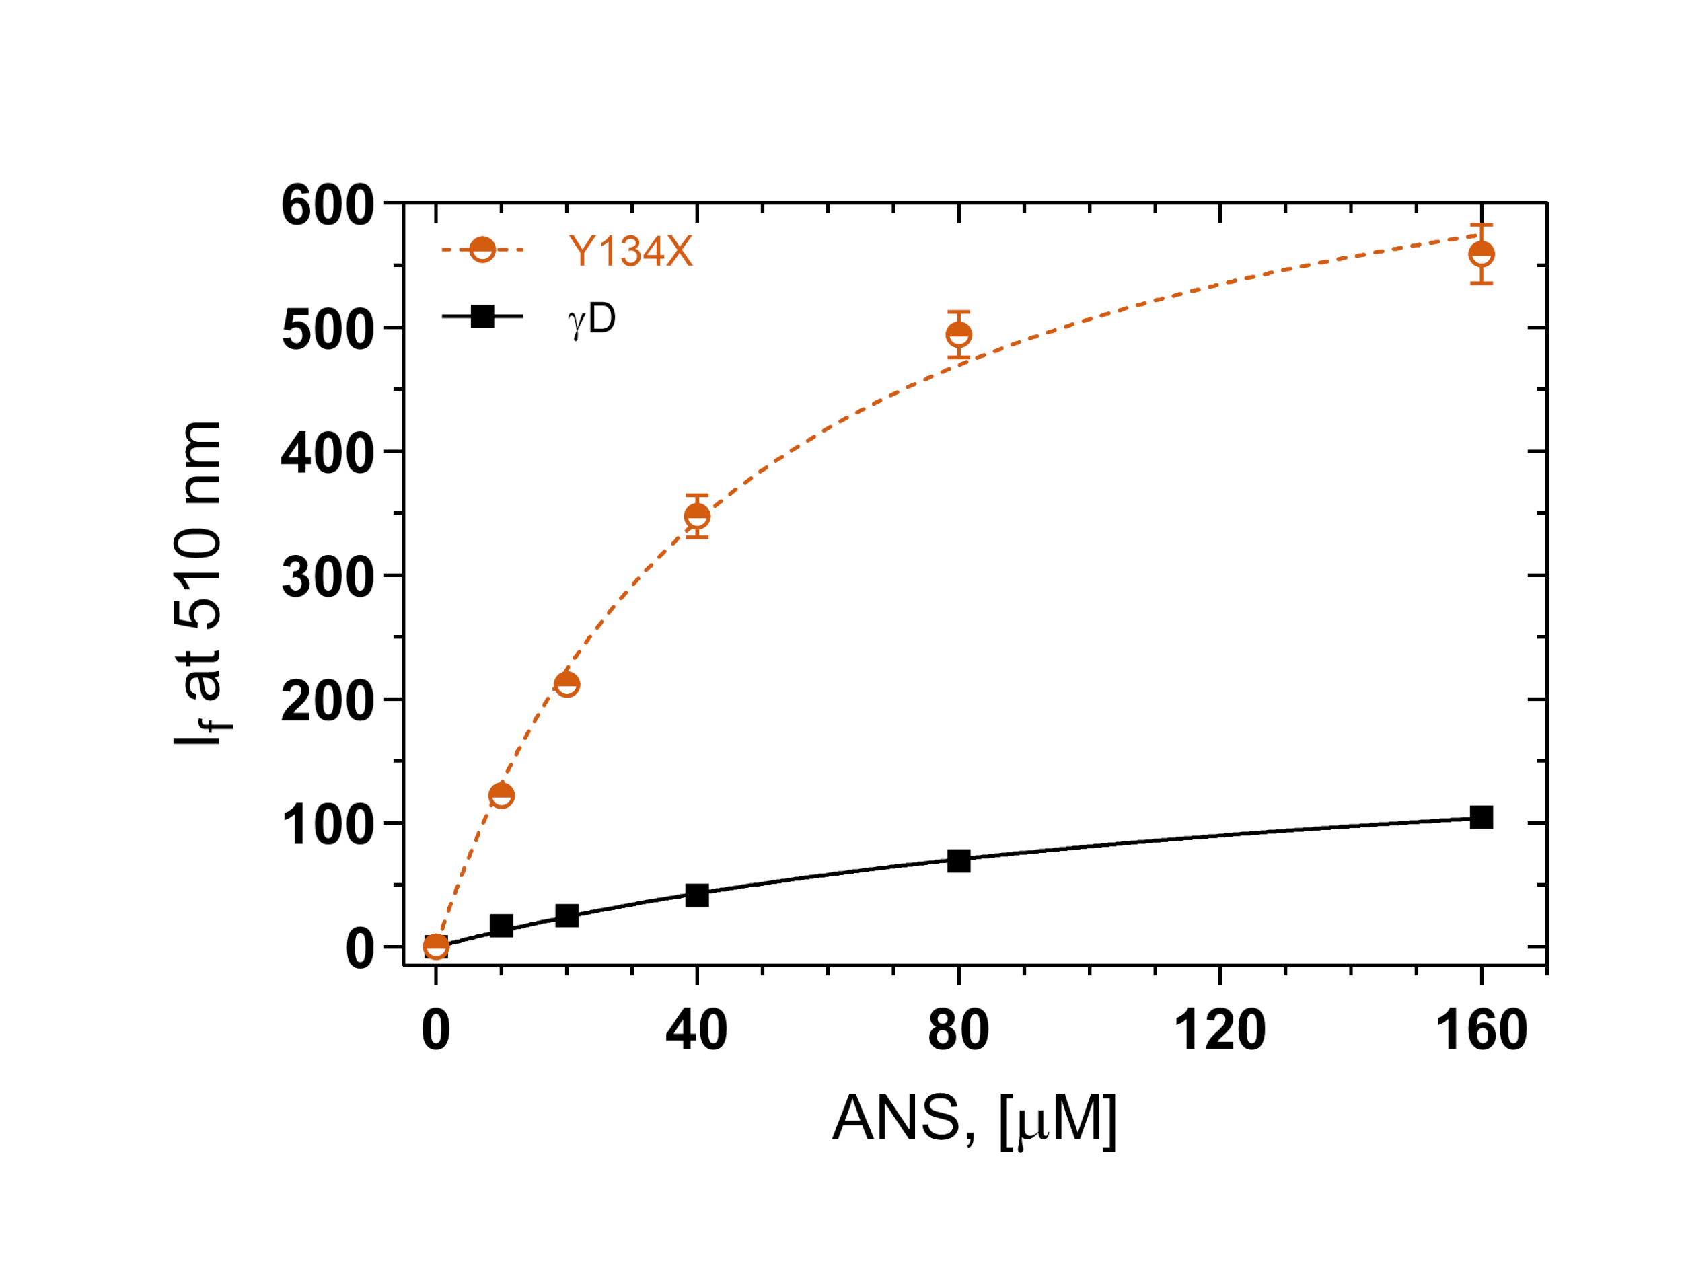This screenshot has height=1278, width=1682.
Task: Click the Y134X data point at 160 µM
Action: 1480,254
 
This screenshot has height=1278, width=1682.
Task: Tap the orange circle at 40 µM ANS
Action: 697,516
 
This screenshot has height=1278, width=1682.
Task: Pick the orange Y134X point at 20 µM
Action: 566,684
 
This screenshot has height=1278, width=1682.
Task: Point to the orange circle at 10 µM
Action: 501,795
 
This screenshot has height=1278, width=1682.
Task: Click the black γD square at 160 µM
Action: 1480,817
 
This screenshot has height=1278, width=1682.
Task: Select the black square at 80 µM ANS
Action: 959,861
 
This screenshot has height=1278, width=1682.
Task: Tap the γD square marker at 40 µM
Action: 697,895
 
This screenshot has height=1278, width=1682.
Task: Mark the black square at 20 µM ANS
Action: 566,915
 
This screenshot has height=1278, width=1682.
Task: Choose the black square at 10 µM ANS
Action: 501,926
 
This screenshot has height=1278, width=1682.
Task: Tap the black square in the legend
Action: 482,315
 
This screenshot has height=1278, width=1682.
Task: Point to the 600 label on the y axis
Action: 328,205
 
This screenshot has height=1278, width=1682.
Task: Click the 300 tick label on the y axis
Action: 328,578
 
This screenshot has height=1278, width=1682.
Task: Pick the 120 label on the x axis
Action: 1220,1030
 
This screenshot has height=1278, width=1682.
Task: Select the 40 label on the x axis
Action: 697,1030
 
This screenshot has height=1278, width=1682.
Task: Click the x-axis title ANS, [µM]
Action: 974,1118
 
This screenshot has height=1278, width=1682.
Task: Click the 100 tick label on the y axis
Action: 328,825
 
